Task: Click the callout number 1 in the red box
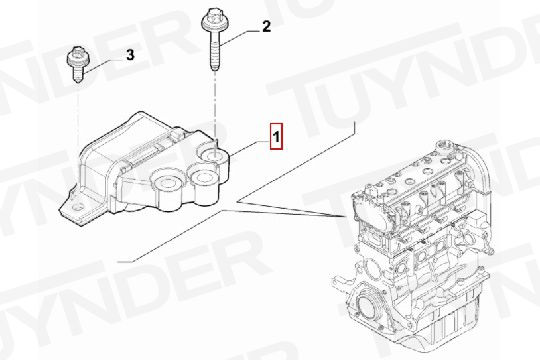click(x=277, y=137)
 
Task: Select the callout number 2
click(x=267, y=27)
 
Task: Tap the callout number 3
click(x=130, y=55)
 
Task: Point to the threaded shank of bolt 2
click(x=214, y=51)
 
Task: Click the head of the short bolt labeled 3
click(x=77, y=59)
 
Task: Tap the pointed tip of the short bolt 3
click(x=79, y=82)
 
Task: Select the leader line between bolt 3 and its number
click(x=104, y=65)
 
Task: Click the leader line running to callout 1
click(x=249, y=149)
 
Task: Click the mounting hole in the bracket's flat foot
click(x=77, y=208)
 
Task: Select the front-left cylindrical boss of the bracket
click(x=168, y=192)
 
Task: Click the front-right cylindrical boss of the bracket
click(x=203, y=188)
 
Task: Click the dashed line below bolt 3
click(x=78, y=117)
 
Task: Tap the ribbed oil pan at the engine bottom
click(x=444, y=324)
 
